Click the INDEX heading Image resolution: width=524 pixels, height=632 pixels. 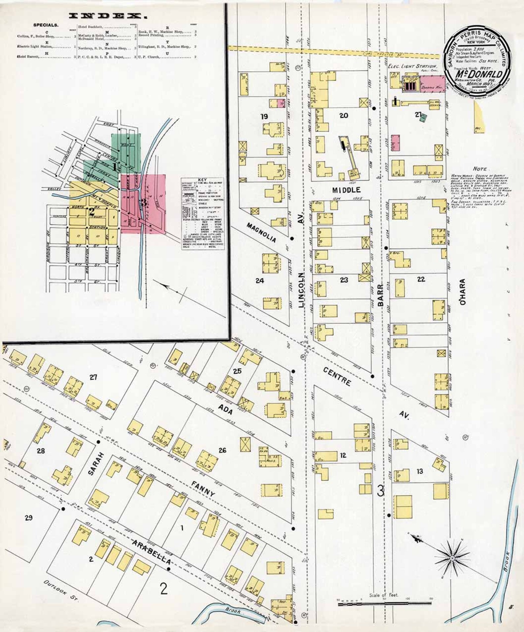tap(108, 16)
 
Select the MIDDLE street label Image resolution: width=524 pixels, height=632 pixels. tap(346, 190)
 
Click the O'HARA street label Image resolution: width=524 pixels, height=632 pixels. tap(462, 292)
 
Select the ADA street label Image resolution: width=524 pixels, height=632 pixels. tap(226, 409)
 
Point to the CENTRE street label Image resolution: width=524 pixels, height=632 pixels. tap(337, 377)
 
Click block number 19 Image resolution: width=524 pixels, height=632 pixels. tap(264, 116)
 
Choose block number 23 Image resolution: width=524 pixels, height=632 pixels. tap(344, 280)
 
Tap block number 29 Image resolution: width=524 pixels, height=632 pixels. tap(29, 518)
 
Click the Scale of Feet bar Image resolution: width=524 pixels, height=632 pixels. tap(384, 603)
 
